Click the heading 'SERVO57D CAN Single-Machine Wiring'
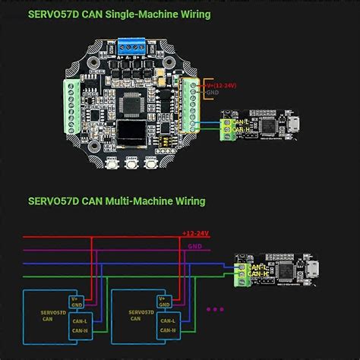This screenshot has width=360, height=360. (119, 14)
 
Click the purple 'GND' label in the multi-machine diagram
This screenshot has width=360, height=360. (194, 247)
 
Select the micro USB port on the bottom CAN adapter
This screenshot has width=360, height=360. (311, 268)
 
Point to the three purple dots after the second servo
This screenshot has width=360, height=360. (216, 310)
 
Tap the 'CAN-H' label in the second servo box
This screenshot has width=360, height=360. (169, 331)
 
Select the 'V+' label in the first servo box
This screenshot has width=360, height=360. (74, 299)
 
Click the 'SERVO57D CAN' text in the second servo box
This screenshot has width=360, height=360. (141, 314)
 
